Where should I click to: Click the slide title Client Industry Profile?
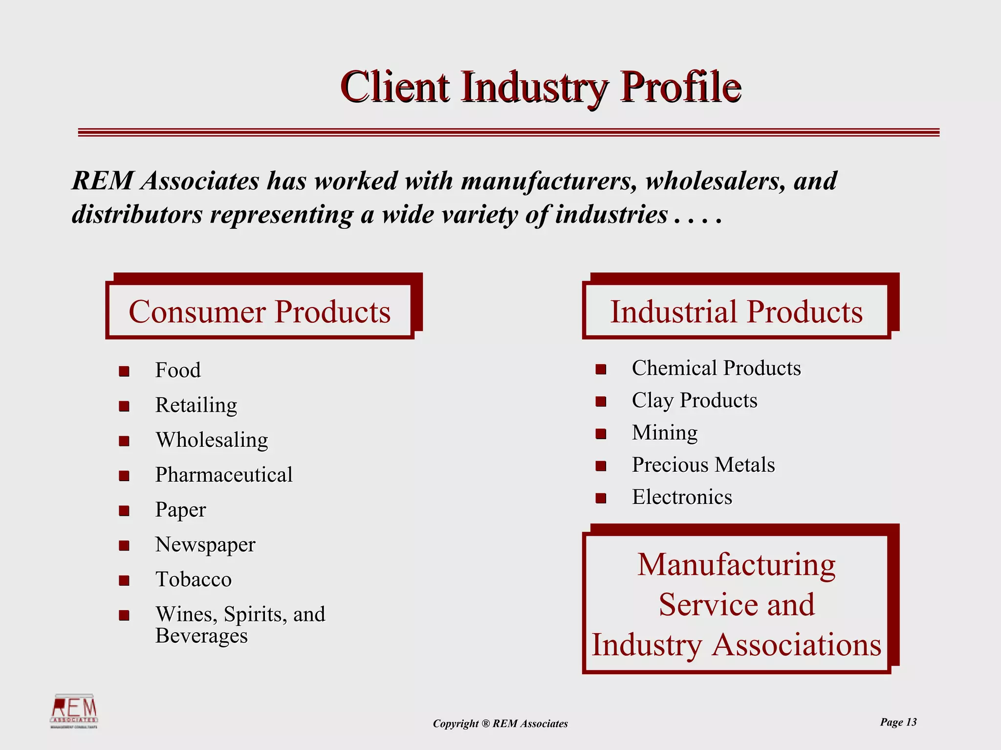541,87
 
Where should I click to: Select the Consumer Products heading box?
260,311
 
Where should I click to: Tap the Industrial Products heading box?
736,311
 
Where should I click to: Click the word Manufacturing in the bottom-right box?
736,565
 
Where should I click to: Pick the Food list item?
178,370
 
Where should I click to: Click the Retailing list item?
196,405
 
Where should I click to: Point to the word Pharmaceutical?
224,475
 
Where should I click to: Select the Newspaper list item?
205,545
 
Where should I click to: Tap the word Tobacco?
194,579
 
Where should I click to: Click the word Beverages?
201,636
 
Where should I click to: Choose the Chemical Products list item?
716,368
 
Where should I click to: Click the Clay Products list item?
694,400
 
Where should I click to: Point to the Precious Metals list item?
703,465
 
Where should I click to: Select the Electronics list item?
682,497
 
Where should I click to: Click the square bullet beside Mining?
601,434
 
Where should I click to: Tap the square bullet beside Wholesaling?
124,441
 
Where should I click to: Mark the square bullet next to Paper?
124,511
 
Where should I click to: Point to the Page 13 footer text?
898,722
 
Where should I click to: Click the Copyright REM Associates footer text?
500,724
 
